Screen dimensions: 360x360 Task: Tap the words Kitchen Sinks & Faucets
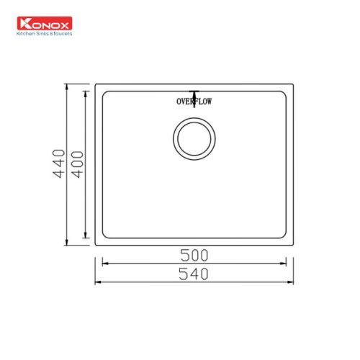coord(44,33)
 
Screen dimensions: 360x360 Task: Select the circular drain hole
coord(194,138)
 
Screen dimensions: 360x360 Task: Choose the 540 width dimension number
coord(194,274)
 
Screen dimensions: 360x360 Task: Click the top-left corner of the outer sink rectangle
coord(95,84)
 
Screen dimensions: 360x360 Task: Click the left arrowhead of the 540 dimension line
coord(98,282)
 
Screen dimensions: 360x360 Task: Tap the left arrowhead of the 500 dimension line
coord(102,264)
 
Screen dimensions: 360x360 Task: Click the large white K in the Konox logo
coord(24,23)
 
